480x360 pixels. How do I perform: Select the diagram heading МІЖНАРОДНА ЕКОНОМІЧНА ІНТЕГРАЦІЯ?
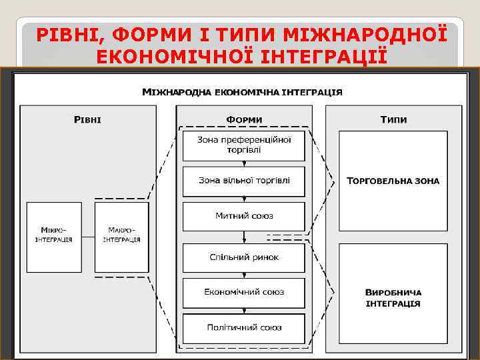click(243, 92)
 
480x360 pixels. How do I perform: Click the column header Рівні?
click(87, 119)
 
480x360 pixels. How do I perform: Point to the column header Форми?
click(244, 119)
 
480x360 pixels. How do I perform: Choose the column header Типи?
click(393, 119)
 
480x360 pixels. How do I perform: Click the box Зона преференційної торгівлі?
click(244, 145)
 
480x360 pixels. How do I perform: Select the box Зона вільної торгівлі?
click(244, 181)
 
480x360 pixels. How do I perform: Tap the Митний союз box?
click(244, 216)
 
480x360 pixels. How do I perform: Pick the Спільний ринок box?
click(244, 257)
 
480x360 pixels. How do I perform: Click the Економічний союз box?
click(244, 292)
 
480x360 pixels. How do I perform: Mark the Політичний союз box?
click(244, 327)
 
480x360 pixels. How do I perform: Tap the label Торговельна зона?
click(393, 181)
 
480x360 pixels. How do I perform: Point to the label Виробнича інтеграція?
click(393, 298)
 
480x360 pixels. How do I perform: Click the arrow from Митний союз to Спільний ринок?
click(244, 237)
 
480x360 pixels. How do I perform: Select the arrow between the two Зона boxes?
click(244, 163)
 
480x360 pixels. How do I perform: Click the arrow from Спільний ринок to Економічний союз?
click(244, 275)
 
